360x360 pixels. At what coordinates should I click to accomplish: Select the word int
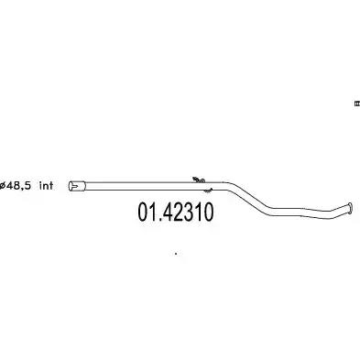[47, 185]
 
